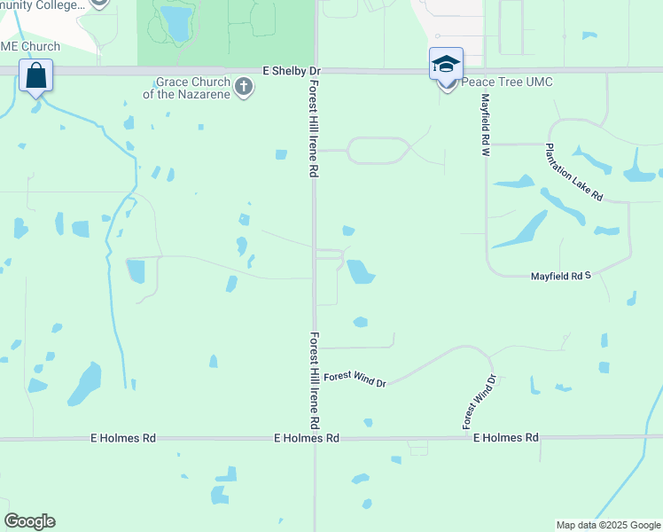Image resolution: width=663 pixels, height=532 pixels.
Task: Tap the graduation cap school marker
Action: (446, 64)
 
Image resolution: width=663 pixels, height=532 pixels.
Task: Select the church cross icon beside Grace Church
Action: (245, 86)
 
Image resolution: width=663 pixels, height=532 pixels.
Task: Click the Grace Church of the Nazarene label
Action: (193, 88)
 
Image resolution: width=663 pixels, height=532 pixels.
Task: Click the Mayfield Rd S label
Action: (560, 277)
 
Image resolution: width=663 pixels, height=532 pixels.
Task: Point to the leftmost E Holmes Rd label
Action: (123, 438)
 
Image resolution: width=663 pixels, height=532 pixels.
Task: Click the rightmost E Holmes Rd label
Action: (506, 438)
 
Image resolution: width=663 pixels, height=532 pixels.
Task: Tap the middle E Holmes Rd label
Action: (307, 438)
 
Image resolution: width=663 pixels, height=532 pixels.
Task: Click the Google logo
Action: (29, 521)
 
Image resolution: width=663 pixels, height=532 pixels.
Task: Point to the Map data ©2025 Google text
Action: (608, 525)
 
